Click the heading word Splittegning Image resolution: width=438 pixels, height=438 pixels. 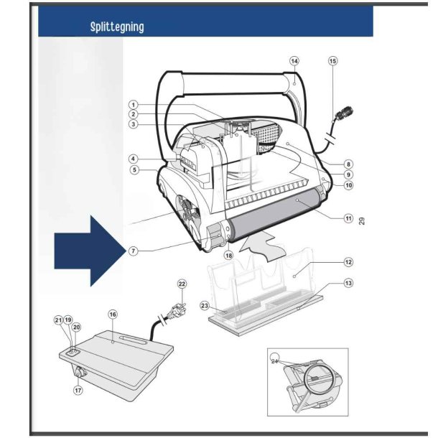117,27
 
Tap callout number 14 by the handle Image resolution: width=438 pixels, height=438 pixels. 294,61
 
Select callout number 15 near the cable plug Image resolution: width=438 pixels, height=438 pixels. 332,61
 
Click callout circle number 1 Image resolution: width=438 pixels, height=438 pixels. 134,104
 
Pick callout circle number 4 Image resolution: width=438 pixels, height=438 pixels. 134,159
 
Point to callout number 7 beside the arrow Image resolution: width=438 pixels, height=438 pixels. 134,251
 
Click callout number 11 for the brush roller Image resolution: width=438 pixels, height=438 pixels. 348,218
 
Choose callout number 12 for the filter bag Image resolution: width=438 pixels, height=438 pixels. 348,262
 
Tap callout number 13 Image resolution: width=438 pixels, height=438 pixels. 348,283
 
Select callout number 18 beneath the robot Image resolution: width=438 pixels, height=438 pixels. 228,255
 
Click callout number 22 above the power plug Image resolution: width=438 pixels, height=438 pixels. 182,284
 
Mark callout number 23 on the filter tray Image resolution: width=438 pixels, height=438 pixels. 205,305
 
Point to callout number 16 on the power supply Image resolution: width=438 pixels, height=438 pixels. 112,314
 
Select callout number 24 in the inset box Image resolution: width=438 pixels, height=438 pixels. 274,361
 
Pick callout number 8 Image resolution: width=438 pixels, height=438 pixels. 348,164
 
